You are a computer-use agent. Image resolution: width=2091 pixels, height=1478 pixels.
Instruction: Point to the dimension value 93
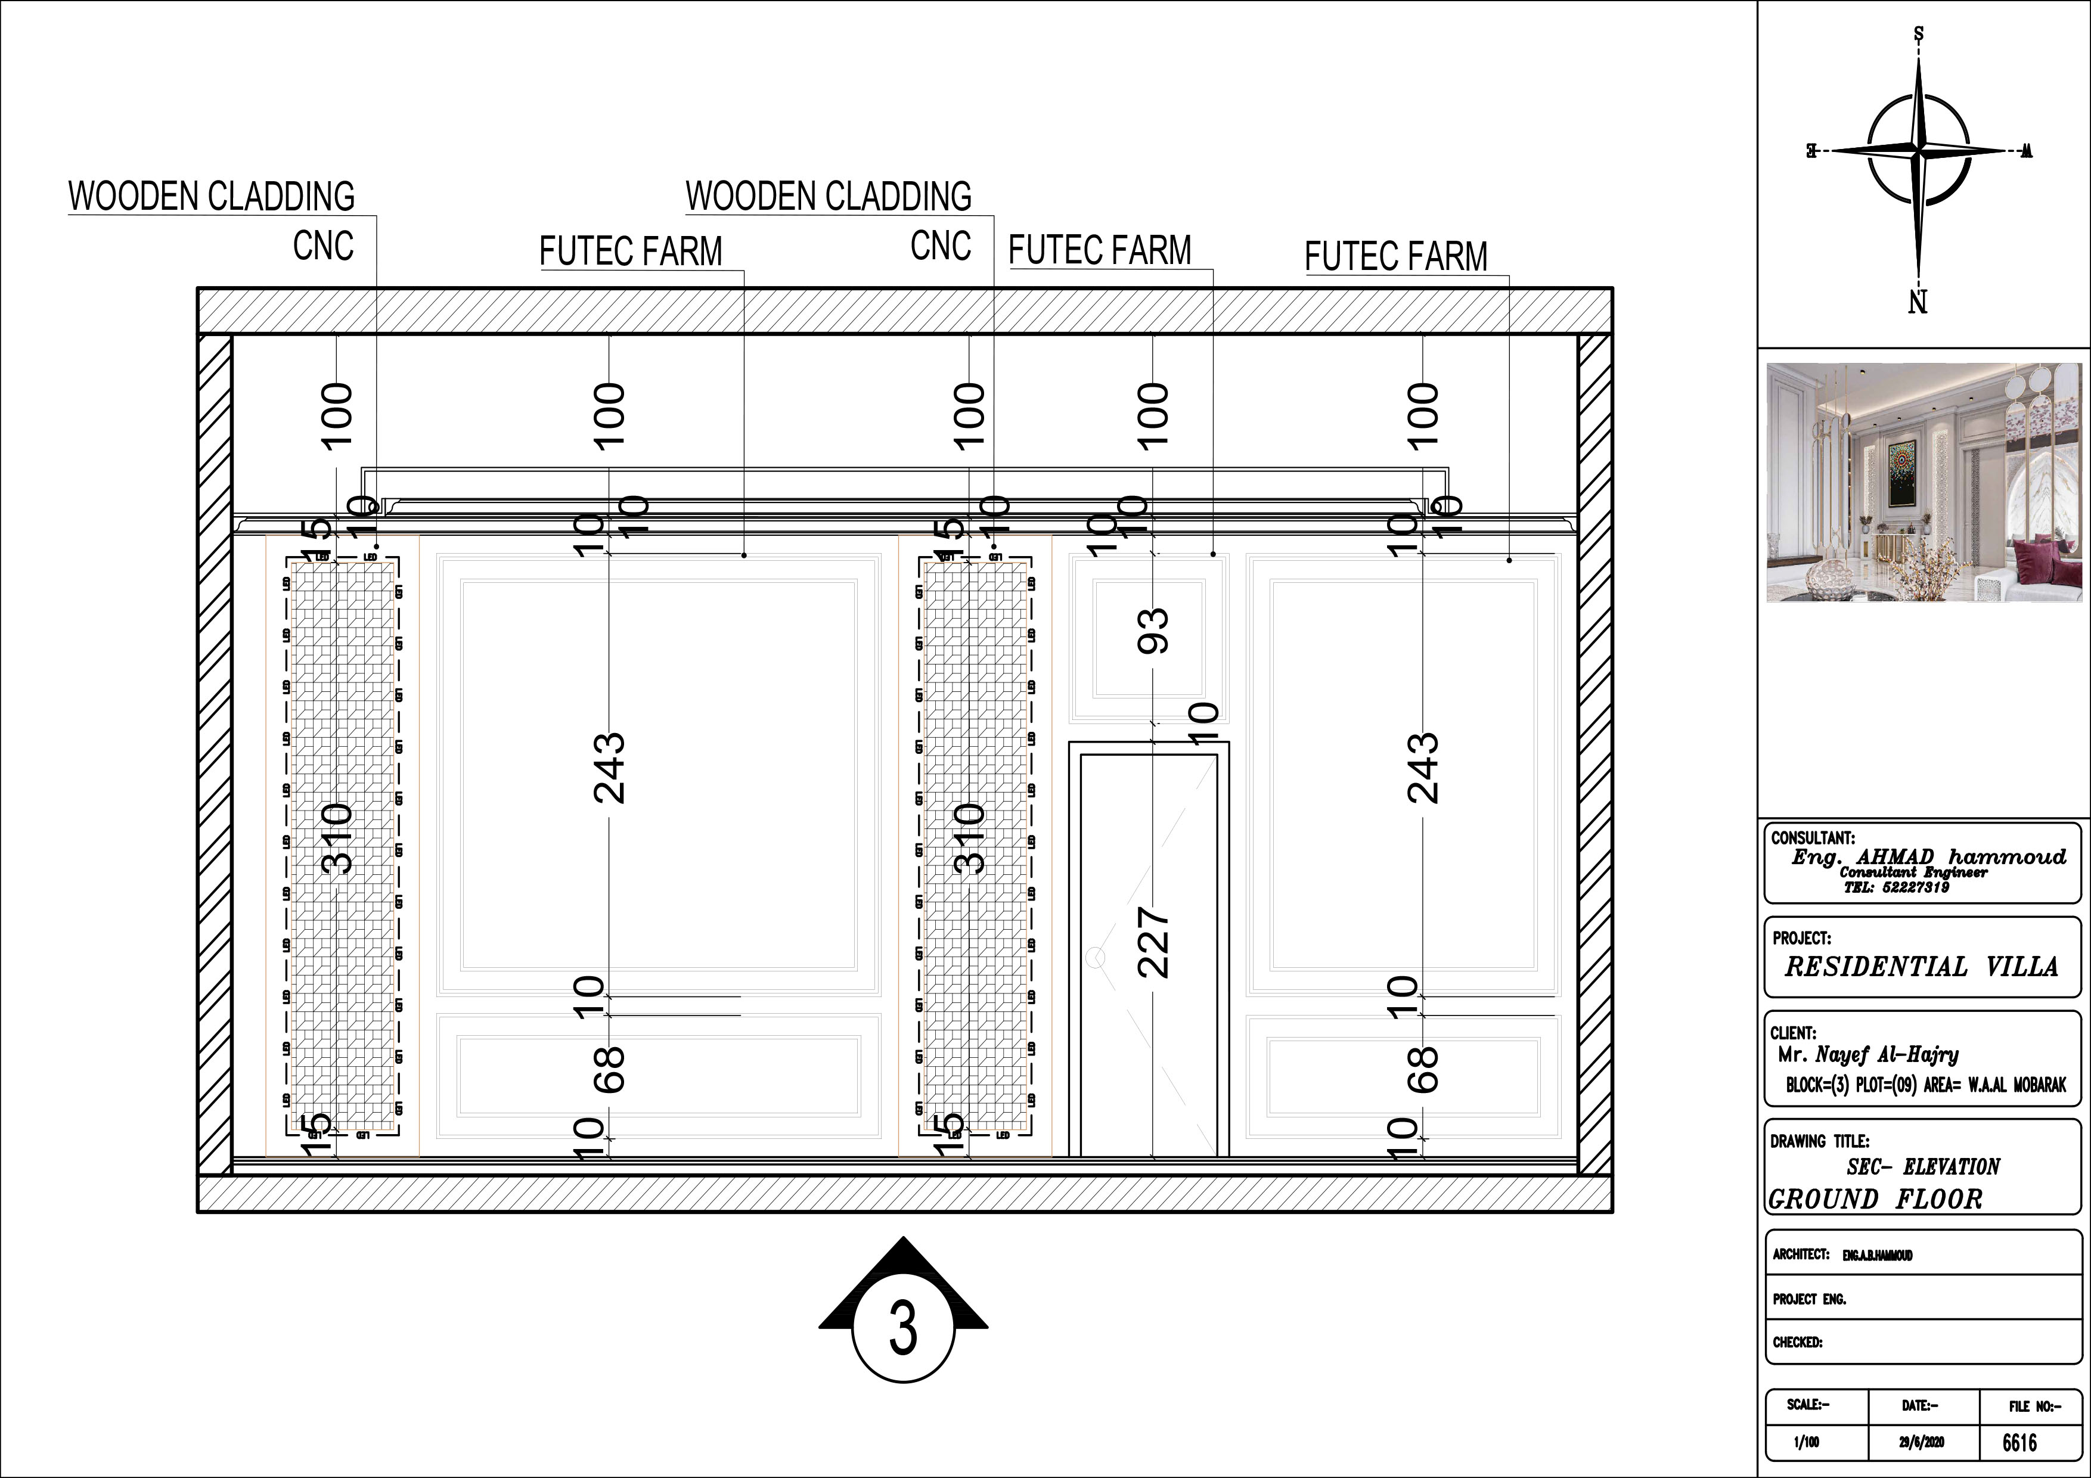pyautogui.click(x=1153, y=630)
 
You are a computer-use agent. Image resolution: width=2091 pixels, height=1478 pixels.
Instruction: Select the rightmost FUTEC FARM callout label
pyautogui.click(x=1395, y=257)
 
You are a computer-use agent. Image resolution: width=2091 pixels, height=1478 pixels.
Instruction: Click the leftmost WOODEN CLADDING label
pyautogui.click(x=211, y=197)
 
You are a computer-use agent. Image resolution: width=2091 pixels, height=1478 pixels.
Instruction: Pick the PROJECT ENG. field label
pyautogui.click(x=1808, y=1300)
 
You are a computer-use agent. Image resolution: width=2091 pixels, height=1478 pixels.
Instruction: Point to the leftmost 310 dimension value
pyautogui.click(x=336, y=838)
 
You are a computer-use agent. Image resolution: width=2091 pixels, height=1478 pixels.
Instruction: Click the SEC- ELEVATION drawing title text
pyautogui.click(x=1922, y=1166)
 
